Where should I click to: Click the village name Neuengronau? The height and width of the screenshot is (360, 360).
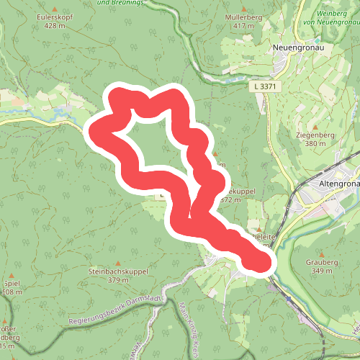[295, 48]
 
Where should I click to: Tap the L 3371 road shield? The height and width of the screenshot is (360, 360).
[265, 86]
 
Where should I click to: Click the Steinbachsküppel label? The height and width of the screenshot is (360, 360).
[117, 271]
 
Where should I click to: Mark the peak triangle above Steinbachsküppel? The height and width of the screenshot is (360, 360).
[117, 262]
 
